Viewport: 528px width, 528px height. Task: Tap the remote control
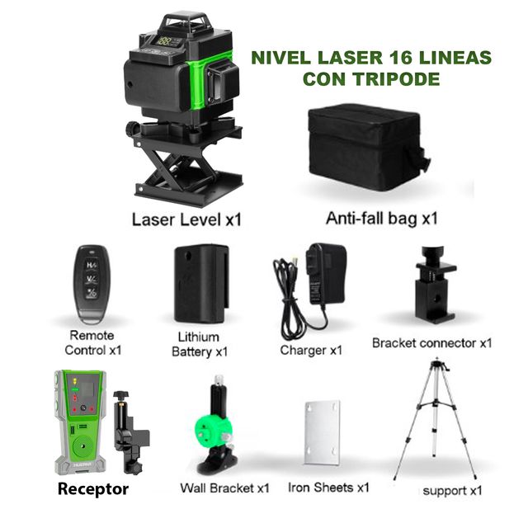coord(92,284)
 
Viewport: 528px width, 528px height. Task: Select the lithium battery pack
coord(201,284)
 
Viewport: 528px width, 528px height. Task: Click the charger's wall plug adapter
coord(325,273)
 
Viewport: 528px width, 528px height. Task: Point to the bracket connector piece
coord(436,285)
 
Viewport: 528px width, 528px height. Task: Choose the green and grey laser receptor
coord(80,422)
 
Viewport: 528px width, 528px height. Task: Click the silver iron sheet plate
coord(322,432)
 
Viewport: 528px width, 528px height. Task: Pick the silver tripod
coord(436,418)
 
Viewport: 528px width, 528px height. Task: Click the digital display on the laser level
coord(166,42)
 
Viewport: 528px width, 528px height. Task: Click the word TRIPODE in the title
coord(396,79)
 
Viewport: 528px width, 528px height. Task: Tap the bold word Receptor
coord(93,489)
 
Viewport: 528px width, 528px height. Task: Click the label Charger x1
coord(311,351)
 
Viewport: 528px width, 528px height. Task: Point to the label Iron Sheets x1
coord(328,488)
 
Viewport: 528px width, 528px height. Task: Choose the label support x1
coord(452,491)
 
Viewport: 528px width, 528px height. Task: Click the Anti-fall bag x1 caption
coord(381,219)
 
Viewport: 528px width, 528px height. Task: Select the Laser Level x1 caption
coord(186,219)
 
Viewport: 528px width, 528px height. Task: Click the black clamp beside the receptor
coord(130,432)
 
